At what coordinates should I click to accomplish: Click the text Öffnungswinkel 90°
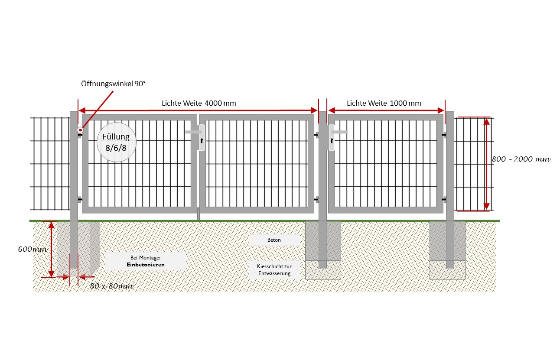pyautogui.click(x=113, y=84)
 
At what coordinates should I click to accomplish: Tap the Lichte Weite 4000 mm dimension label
pyautogui.click(x=199, y=103)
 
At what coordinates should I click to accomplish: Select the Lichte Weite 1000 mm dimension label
pyautogui.click(x=384, y=103)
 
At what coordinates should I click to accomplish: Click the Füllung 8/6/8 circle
pyautogui.click(x=117, y=142)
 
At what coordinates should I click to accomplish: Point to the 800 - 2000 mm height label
pyautogui.click(x=521, y=159)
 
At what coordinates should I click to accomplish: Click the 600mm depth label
pyautogui.click(x=33, y=250)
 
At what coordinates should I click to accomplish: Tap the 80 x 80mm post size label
pyautogui.click(x=111, y=286)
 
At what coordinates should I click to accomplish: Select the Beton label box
pyautogui.click(x=274, y=240)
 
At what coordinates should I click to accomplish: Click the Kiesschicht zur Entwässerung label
pyautogui.click(x=274, y=270)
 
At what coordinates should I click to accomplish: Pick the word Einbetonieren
pyautogui.click(x=146, y=265)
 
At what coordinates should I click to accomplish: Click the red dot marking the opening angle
pyautogui.click(x=80, y=130)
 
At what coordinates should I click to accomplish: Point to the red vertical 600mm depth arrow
pyautogui.click(x=51, y=250)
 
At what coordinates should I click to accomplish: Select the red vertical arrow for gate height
pyautogui.click(x=486, y=164)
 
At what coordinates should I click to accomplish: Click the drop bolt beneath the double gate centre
pyautogui.click(x=198, y=214)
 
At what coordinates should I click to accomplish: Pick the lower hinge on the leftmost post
pyautogui.click(x=80, y=200)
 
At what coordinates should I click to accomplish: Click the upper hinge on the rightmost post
pyautogui.click(x=444, y=135)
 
